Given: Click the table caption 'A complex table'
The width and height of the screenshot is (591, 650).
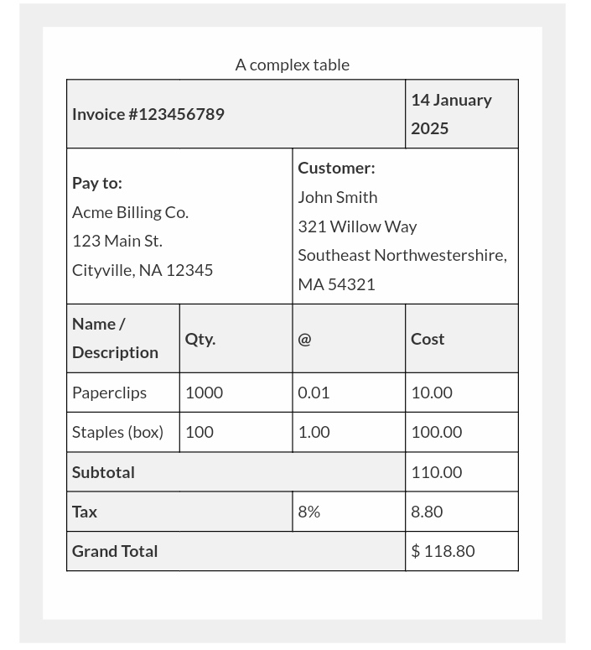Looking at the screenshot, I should pyautogui.click(x=292, y=65).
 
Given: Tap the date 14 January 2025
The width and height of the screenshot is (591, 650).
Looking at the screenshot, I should pyautogui.click(x=451, y=113).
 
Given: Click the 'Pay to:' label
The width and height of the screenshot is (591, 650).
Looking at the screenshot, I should pyautogui.click(x=97, y=183).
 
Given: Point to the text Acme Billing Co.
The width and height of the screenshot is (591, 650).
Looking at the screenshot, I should pyautogui.click(x=130, y=212).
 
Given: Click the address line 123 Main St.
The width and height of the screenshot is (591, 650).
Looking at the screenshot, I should pyautogui.click(x=117, y=241).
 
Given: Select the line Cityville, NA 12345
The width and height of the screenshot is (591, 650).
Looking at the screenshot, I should pyautogui.click(x=143, y=270).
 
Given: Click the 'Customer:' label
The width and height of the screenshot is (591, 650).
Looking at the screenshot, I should pyautogui.click(x=336, y=168).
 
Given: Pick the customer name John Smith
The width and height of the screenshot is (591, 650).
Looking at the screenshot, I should pyautogui.click(x=337, y=197).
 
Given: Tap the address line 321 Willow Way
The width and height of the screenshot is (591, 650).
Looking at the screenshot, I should pyautogui.click(x=357, y=226).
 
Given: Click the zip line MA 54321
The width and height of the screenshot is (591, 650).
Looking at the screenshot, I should pyautogui.click(x=336, y=284).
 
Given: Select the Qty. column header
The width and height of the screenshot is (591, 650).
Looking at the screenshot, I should pyautogui.click(x=200, y=339).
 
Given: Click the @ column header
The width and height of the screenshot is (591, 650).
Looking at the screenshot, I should pyautogui.click(x=304, y=339).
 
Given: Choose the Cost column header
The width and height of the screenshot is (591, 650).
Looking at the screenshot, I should pyautogui.click(x=428, y=339).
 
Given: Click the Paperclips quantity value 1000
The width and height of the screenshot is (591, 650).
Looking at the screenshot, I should pyautogui.click(x=204, y=393).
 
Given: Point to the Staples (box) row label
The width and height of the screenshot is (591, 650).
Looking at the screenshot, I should pyautogui.click(x=117, y=432).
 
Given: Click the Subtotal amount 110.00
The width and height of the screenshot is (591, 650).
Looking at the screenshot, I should pyautogui.click(x=436, y=472).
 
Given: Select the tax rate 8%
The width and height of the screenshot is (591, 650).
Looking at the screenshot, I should pyautogui.click(x=308, y=512).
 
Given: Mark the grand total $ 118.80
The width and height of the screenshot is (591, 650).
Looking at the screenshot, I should pyautogui.click(x=443, y=551).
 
